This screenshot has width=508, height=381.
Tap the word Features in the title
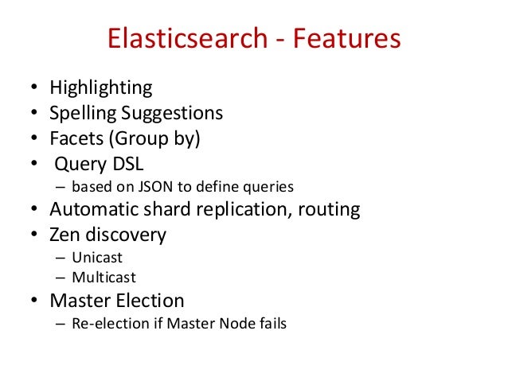click(342, 40)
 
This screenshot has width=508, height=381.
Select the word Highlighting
click(100, 88)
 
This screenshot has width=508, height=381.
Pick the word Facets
click(73, 138)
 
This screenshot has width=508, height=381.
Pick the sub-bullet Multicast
click(104, 278)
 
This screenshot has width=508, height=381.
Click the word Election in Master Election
click(148, 301)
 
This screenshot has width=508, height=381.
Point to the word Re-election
click(102, 324)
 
